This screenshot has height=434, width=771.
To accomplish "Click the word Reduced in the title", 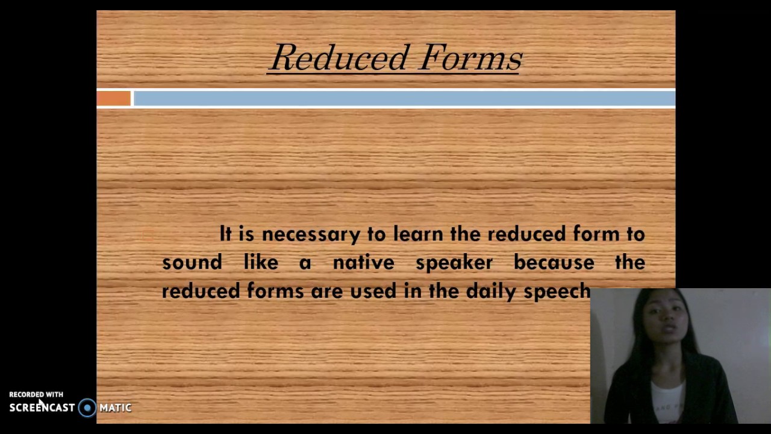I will [341, 58].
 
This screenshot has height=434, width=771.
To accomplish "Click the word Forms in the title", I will [470, 58].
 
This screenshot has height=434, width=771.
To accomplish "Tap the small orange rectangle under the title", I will [114, 98].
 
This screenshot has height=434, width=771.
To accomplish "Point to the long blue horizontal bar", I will [404, 98].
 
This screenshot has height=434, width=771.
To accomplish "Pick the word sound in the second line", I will [192, 263].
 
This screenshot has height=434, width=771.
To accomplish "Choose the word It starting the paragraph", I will [225, 234].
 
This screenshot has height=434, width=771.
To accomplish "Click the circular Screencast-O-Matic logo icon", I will [87, 408].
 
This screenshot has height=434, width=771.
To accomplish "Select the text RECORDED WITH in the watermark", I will [36, 395].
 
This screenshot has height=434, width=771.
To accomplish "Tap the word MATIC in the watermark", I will [116, 408].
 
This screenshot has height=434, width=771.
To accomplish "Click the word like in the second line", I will [261, 263].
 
